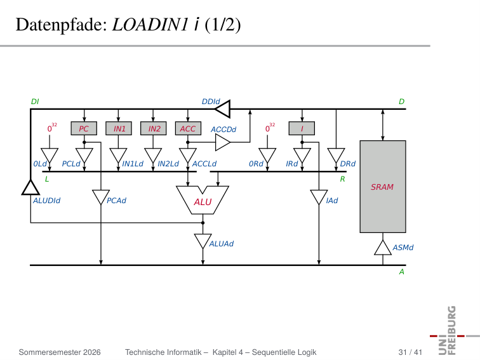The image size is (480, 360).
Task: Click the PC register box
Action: [x=84, y=128]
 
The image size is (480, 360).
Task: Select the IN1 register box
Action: [x=119, y=128]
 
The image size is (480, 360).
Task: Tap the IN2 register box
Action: [x=154, y=128]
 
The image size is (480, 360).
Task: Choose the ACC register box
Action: [x=188, y=128]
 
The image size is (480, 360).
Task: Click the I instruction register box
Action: [x=302, y=128]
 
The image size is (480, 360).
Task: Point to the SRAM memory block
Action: [x=383, y=187]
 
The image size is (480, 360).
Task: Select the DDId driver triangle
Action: [x=223, y=109]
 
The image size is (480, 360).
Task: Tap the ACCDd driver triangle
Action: [x=223, y=142]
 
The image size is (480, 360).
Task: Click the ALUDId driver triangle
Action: [x=30, y=189]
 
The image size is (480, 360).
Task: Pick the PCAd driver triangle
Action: [x=101, y=197]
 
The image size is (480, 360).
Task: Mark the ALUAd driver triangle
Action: [x=203, y=241]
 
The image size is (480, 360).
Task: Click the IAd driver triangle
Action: [x=319, y=197]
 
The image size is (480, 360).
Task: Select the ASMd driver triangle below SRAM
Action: [x=383, y=249]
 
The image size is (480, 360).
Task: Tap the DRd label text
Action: [x=348, y=164]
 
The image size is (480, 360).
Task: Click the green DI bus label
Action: [x=35, y=102]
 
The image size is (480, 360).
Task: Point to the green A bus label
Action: [x=402, y=272]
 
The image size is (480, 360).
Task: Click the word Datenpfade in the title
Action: [x=61, y=25]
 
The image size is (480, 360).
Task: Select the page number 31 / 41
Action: [x=410, y=352]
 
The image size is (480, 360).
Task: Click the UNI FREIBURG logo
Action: [x=453, y=331]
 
